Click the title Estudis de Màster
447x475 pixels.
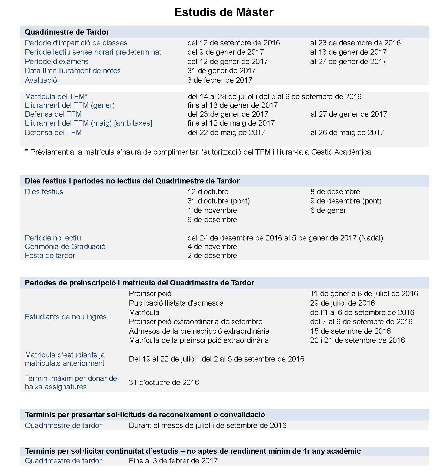224,12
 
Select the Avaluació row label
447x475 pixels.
41,80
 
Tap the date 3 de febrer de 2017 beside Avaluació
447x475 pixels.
219,80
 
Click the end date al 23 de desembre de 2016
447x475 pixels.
355,43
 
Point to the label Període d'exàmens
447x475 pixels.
56,61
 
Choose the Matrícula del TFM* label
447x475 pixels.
56,96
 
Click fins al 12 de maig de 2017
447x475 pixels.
231,123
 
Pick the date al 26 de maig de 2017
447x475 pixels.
347,132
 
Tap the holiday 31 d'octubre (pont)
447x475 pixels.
218,201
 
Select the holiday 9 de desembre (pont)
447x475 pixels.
346,201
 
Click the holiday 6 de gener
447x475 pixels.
328,210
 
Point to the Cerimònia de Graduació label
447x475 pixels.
65,246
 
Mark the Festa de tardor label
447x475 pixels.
50,255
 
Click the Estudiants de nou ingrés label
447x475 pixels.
65,317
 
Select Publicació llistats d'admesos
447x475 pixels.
176,303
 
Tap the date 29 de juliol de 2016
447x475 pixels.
342,303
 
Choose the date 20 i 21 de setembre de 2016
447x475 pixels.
357,340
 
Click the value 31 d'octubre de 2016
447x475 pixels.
164,382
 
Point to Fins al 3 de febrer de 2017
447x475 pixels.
173,461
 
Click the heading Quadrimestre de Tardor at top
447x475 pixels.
67,32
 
